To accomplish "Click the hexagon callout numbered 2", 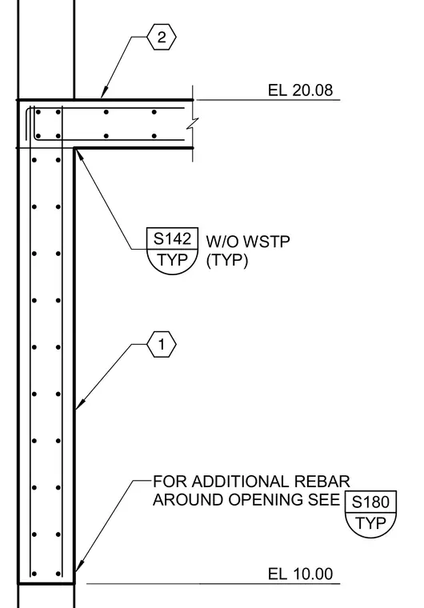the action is tap(162, 37).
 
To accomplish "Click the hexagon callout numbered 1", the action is tap(162, 344).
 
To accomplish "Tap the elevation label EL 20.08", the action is tap(300, 90).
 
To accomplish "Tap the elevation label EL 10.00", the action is tap(300, 574).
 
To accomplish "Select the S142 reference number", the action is tap(172, 238).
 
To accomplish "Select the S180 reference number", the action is tap(370, 502).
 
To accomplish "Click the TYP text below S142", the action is tap(172, 259).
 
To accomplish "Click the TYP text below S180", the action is tap(370, 522).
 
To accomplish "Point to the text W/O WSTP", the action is tap(248, 242).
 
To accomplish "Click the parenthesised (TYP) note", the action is tap(227, 260).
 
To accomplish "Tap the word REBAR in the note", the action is tap(322, 482).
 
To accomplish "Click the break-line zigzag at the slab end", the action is tap(193, 124).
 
